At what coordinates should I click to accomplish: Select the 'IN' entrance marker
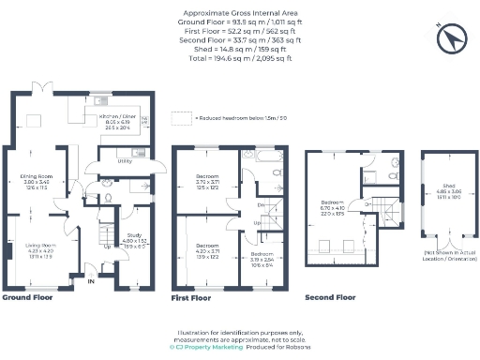point(91,280)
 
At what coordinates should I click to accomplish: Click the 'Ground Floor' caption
point(28,297)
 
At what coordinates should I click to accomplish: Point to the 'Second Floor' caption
point(330,297)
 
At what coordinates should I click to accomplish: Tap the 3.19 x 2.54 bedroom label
point(262,256)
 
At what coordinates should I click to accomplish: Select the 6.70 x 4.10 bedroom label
point(334,206)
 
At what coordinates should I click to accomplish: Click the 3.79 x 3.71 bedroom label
point(207,179)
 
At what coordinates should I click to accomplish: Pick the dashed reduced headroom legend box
point(180,119)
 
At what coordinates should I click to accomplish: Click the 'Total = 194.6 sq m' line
point(239,58)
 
